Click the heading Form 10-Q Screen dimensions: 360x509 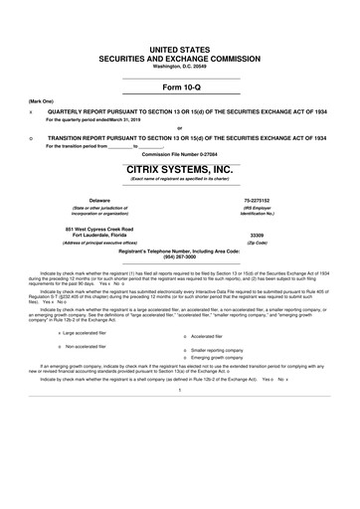click(180, 86)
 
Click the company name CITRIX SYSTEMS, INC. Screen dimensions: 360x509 click(180, 170)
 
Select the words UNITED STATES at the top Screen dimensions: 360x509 click(180, 49)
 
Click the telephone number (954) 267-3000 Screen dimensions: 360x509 click(180, 258)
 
